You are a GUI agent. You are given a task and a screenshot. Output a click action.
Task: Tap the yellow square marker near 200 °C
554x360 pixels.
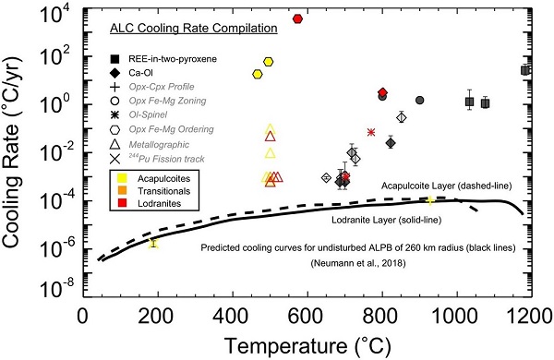pyautogui.click(x=154, y=244)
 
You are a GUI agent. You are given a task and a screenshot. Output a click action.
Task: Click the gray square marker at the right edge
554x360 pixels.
pyautogui.click(x=525, y=70)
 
